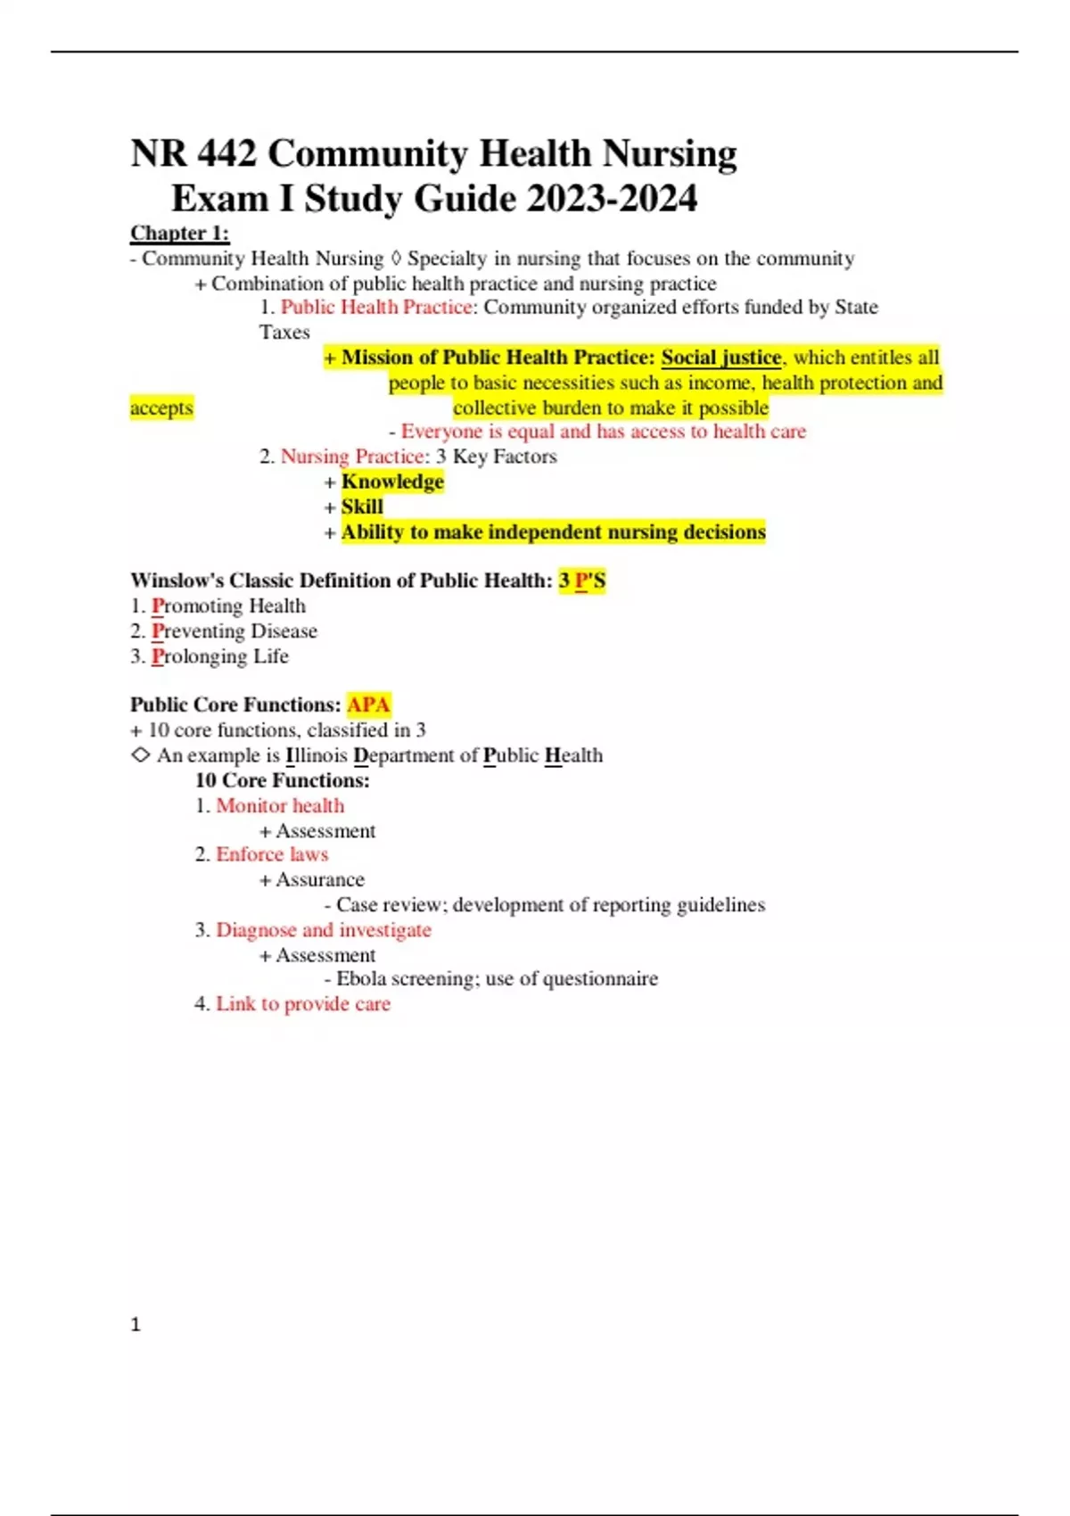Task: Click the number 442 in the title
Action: (x=226, y=153)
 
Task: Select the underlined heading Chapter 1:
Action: (x=179, y=234)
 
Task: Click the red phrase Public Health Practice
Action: (x=375, y=307)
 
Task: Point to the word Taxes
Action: (x=284, y=332)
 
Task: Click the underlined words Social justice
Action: (x=720, y=358)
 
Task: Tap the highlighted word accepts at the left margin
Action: (x=161, y=408)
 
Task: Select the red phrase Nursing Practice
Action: (x=352, y=457)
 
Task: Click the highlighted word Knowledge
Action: (x=392, y=482)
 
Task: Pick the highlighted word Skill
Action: (x=362, y=507)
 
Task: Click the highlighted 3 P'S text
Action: (x=582, y=581)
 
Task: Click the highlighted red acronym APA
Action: (x=368, y=704)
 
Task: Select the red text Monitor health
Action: (x=280, y=805)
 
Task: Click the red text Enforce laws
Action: (x=272, y=854)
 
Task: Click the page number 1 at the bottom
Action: (x=136, y=1324)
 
